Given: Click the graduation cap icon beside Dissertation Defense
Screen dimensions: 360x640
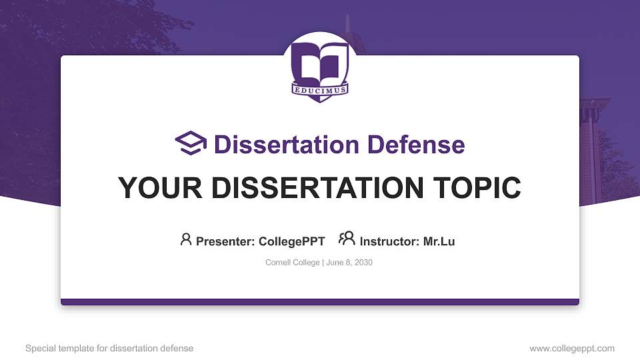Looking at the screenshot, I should pyautogui.click(x=191, y=143).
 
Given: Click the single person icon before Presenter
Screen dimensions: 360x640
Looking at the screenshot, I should pyautogui.click(x=186, y=239).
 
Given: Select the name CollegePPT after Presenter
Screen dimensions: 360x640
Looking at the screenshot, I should pyautogui.click(x=291, y=241).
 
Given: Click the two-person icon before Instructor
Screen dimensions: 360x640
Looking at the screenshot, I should pyautogui.click(x=346, y=239).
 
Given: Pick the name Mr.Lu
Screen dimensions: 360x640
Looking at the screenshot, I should pyautogui.click(x=439, y=241).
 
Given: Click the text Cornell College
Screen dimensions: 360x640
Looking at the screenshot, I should pyautogui.click(x=293, y=263).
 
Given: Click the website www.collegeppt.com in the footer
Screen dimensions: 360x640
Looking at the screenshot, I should pyautogui.click(x=572, y=348).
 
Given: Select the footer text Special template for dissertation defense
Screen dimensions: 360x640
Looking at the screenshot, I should pyautogui.click(x=109, y=348).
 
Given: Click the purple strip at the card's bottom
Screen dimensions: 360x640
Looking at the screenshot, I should pyautogui.click(x=320, y=302).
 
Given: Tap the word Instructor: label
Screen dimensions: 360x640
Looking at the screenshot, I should pyautogui.click(x=390, y=241).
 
